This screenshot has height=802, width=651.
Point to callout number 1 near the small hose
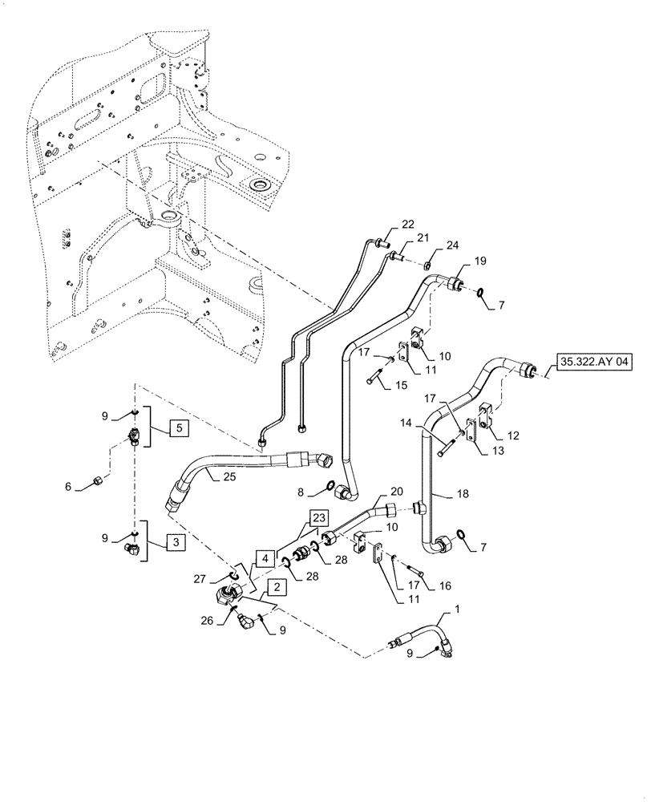coord(457,611)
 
